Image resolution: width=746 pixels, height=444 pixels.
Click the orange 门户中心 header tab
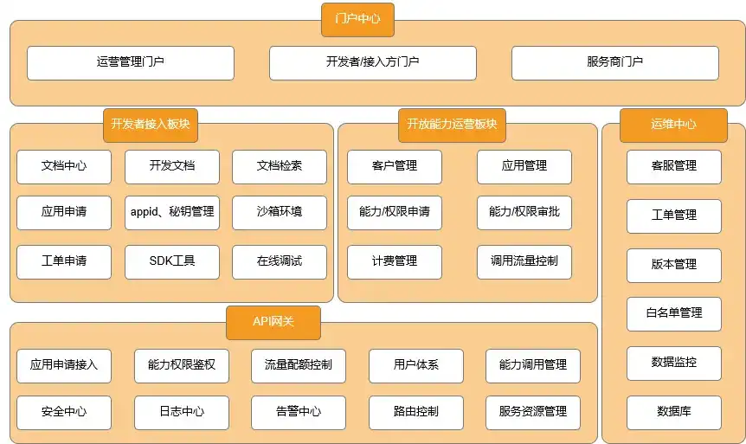point(357,20)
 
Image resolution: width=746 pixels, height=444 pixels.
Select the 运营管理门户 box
point(131,63)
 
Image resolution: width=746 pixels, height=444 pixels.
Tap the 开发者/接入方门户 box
point(372,63)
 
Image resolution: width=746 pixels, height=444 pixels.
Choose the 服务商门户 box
point(615,63)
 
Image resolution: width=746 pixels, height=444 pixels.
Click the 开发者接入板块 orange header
point(151,125)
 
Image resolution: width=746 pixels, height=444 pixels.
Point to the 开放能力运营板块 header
point(452,125)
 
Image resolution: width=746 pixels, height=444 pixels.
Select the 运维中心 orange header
point(673,125)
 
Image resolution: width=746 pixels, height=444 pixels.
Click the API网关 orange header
point(273,323)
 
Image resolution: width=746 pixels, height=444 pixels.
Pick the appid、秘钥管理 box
point(172,213)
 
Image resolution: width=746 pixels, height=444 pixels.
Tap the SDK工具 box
point(172,261)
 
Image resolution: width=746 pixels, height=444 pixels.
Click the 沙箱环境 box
point(280,213)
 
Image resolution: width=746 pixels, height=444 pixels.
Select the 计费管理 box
point(395,261)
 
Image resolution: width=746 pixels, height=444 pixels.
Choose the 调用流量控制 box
point(524,261)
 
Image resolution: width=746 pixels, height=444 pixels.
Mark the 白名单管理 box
point(674,314)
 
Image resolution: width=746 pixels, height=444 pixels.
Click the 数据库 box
point(674,413)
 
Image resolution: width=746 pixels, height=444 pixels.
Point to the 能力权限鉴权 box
point(182,366)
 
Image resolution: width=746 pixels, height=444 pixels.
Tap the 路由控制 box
point(415,413)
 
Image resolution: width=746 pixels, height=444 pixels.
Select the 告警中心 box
point(299,413)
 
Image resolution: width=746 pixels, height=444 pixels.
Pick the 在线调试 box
point(280,261)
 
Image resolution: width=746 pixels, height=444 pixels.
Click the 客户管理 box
point(395,167)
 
